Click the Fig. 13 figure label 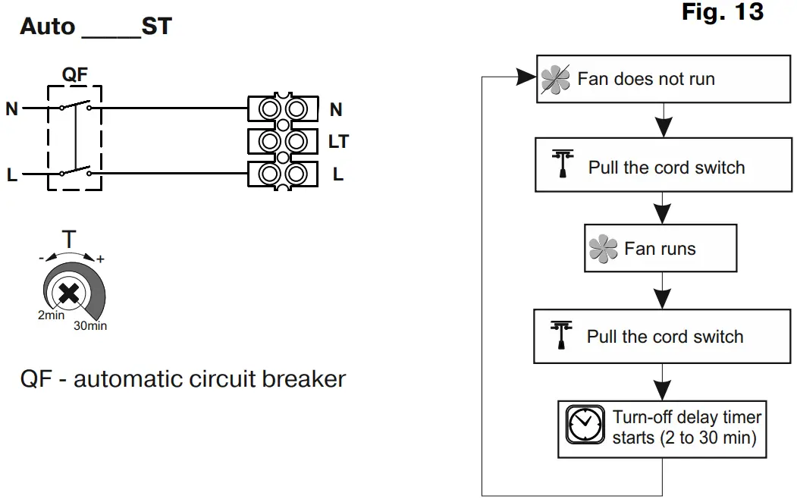(x=722, y=12)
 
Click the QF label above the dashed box (x=75, y=74)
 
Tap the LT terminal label (x=338, y=141)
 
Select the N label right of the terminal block (x=336, y=109)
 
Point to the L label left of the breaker (x=11, y=175)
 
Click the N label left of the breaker (x=11, y=108)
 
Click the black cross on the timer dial (x=68, y=293)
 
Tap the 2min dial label (x=52, y=315)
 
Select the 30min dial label (x=90, y=326)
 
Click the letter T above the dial (x=69, y=239)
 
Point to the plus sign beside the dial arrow (x=101, y=259)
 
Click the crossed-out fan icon (x=555, y=80)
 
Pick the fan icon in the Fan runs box (x=603, y=249)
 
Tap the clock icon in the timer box (x=585, y=425)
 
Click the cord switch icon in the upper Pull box (x=563, y=163)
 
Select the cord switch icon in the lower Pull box (x=561, y=335)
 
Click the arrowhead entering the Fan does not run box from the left (x=526, y=77)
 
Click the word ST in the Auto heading (x=156, y=27)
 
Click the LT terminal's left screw (x=269, y=142)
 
